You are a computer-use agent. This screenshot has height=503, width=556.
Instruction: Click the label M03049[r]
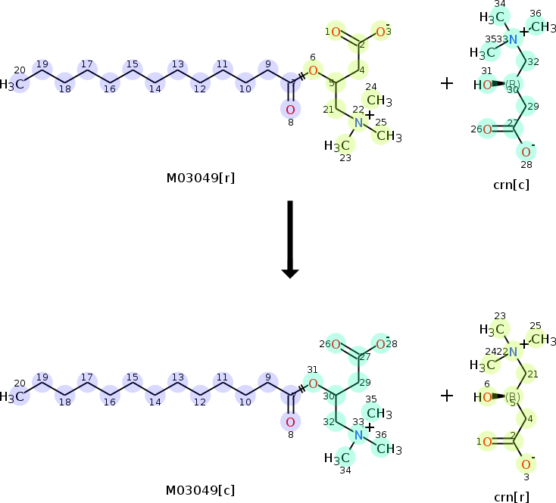pyautogui.click(x=200, y=179)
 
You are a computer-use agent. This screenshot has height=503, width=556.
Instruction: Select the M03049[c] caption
pyautogui.click(x=200, y=490)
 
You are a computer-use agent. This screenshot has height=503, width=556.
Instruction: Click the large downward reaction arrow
pyautogui.click(x=289, y=238)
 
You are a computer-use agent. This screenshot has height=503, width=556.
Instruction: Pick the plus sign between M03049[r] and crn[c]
pyautogui.click(x=447, y=83)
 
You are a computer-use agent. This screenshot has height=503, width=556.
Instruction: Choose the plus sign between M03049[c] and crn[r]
pyautogui.click(x=447, y=395)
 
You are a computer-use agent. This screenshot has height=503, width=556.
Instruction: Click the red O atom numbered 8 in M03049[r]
pyautogui.click(x=289, y=109)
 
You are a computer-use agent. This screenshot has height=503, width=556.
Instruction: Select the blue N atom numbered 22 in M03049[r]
pyautogui.click(x=360, y=123)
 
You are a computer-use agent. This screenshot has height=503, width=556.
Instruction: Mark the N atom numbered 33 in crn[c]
pyautogui.click(x=513, y=39)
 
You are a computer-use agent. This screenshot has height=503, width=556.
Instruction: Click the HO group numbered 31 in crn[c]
pyautogui.click(x=483, y=85)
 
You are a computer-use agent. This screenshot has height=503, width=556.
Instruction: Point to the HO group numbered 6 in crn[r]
pyautogui.click(x=483, y=396)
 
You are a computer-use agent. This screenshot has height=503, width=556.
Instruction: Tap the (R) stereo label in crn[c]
pyautogui.click(x=513, y=84)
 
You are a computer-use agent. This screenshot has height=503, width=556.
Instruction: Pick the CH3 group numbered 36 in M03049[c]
pyautogui.click(x=389, y=449)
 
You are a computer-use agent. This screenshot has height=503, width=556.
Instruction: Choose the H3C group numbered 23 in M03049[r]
pyautogui.click(x=337, y=144)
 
